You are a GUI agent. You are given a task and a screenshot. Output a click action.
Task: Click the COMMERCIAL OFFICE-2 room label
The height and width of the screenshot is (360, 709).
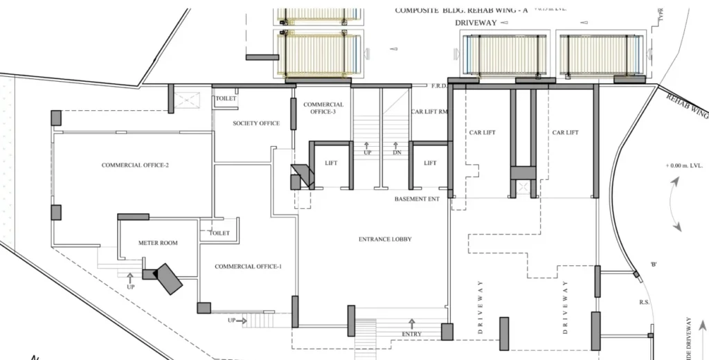point(135,165)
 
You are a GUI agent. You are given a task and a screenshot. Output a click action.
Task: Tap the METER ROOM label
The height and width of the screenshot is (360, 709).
point(158,243)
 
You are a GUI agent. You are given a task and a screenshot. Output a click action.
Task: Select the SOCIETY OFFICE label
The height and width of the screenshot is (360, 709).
point(256,124)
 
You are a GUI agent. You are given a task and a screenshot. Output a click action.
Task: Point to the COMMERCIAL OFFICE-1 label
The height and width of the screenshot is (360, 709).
point(248,267)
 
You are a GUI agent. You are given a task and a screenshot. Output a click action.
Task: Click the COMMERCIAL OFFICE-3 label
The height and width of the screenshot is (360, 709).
point(323,108)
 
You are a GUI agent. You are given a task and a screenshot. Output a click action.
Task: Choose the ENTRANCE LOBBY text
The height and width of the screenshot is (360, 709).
point(385,240)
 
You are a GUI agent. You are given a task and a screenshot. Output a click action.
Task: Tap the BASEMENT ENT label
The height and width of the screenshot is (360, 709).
point(417,199)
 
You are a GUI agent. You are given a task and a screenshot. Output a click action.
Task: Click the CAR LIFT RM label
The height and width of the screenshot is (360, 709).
point(429,111)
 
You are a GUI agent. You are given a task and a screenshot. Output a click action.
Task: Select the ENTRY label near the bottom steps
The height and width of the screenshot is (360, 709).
point(411,335)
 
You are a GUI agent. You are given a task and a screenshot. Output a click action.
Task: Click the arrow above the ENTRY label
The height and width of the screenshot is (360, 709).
point(412,323)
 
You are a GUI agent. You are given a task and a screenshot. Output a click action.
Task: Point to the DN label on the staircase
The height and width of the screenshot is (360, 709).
point(397,152)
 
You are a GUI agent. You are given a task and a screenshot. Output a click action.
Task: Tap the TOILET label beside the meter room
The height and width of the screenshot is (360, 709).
point(219,234)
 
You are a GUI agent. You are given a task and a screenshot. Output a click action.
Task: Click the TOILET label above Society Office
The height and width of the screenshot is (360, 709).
point(226,99)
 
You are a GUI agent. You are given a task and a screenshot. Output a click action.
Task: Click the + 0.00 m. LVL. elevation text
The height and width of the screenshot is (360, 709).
point(684,166)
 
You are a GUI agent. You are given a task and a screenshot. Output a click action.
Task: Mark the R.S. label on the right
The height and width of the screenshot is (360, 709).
point(643,303)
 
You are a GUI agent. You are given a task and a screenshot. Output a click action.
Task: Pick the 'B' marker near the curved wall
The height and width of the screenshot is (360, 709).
point(654,265)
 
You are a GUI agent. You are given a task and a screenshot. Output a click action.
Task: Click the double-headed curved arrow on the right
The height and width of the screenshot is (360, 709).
point(675,204)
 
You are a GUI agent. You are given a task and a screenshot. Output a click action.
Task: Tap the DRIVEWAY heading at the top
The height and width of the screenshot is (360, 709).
point(476,23)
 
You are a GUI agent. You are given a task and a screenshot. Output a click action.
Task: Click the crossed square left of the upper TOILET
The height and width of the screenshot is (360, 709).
point(188,100)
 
